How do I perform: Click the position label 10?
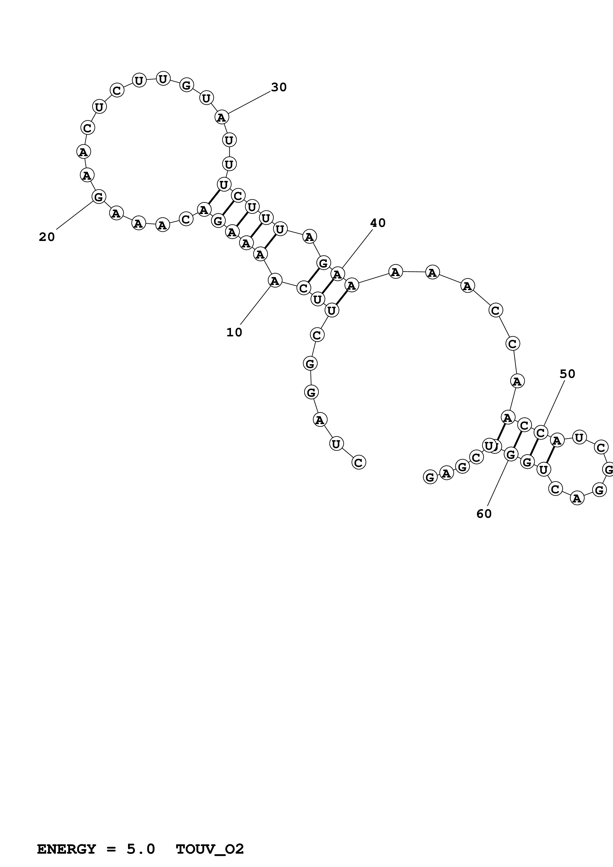pyautogui.click(x=234, y=332)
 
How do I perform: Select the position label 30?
pyautogui.click(x=279, y=87)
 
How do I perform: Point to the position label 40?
pyautogui.click(x=378, y=223)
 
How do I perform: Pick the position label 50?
pyautogui.click(x=567, y=374)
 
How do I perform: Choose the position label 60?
pyautogui.click(x=484, y=514)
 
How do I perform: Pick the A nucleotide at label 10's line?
pyautogui.click(x=275, y=281)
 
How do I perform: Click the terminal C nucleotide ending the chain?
pyautogui.click(x=359, y=462)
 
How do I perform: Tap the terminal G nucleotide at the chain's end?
pyautogui.click(x=430, y=477)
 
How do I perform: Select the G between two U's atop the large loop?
pyautogui.click(x=186, y=85)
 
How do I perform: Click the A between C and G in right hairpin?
pyautogui.click(x=577, y=499)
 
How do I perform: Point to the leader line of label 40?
pyautogui.click(x=357, y=249)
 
